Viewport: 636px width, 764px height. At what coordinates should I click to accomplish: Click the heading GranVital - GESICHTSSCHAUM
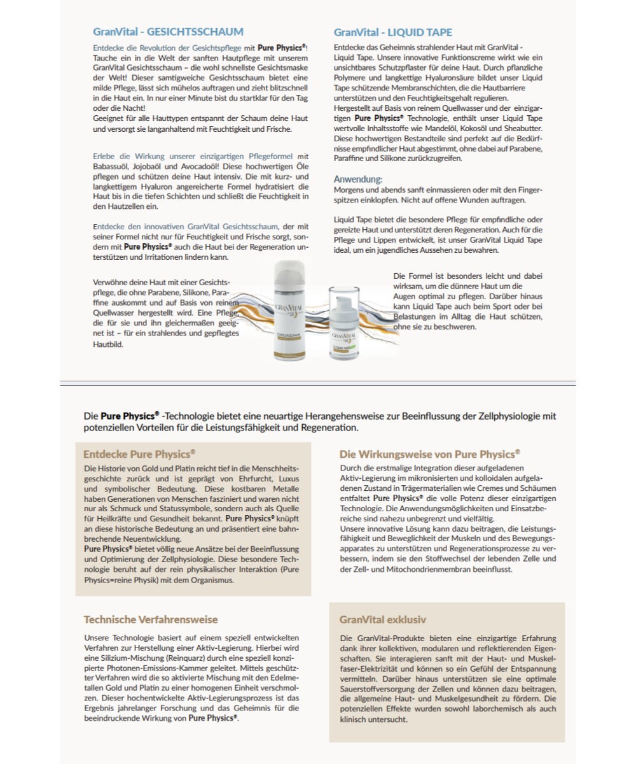[168, 32]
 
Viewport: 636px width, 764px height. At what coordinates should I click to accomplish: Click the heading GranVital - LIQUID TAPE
[393, 32]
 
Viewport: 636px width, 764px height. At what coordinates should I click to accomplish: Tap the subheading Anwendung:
[358, 180]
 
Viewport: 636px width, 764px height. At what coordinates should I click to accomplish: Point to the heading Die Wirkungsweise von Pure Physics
[429, 455]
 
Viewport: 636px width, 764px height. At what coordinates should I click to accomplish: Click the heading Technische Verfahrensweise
[151, 619]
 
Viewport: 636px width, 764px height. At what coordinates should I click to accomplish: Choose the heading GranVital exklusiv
[383, 619]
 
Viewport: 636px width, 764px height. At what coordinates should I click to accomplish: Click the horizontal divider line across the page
[318, 383]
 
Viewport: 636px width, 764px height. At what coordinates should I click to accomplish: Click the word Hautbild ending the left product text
[108, 344]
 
